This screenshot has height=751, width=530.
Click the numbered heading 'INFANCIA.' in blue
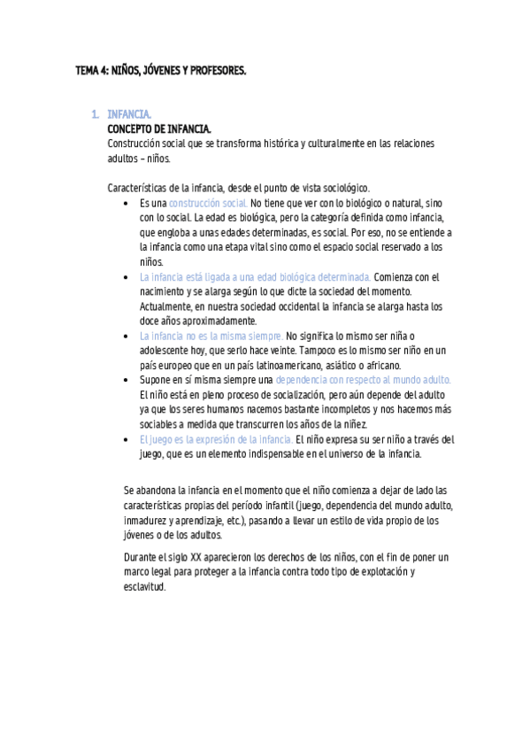(129, 115)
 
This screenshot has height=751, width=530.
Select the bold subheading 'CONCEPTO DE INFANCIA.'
(158, 128)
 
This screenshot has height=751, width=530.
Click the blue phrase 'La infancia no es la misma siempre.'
(211, 336)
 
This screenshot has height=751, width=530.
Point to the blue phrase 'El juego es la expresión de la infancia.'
(216, 439)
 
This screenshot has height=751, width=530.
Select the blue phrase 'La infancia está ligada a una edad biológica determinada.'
(255, 277)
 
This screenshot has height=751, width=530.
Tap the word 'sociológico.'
(343, 188)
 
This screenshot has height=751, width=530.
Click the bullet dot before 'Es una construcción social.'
(130, 205)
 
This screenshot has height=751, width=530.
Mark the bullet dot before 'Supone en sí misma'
(130, 380)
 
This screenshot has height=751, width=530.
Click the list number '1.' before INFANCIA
(96, 115)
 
